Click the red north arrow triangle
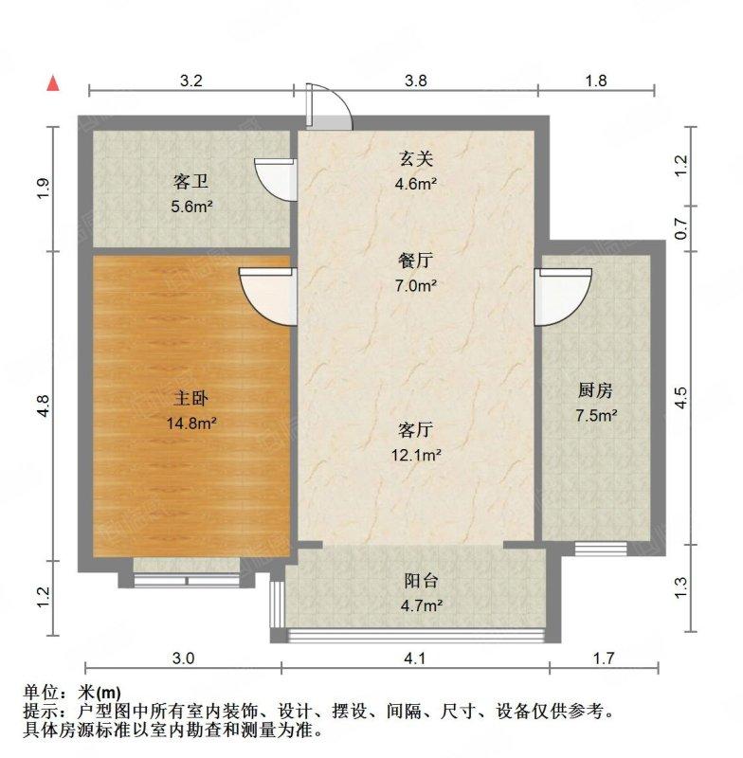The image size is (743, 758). pos(55,83)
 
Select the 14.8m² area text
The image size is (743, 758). pos(191,424)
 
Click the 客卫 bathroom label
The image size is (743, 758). pos(191,179)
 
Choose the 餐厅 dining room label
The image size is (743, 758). pos(415,260)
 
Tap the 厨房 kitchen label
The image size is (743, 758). pos(596,389)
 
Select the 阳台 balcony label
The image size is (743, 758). pos(415,581)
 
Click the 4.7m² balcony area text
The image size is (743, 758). pos(416,605)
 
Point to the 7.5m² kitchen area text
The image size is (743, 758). pos(596,415)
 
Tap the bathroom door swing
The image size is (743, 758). pos(275,178)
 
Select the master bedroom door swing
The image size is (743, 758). pos(269,294)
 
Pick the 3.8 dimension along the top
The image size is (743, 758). pos(416,81)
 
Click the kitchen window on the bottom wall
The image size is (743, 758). pos(601,548)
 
